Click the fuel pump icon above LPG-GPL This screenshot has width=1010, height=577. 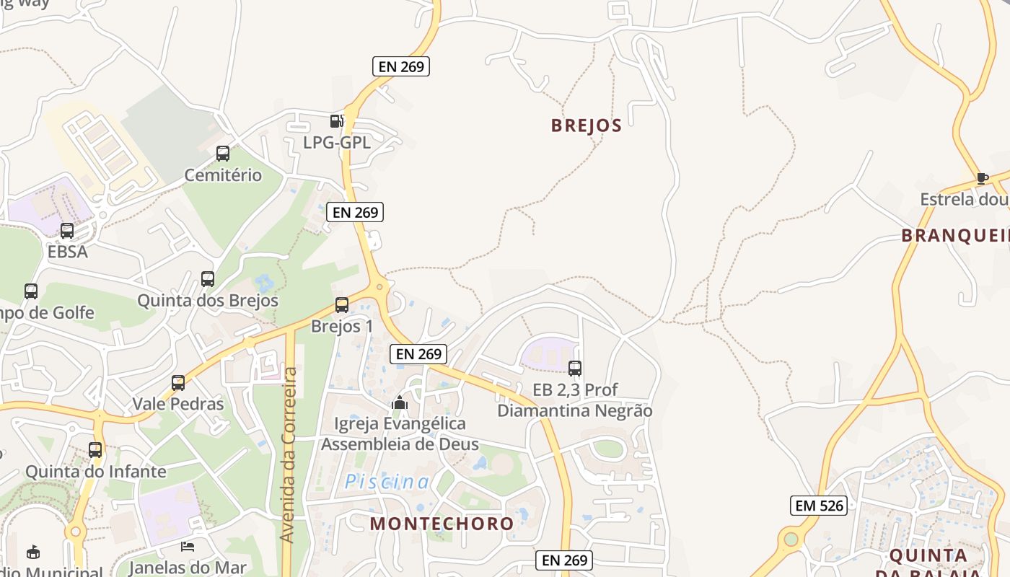point(336,121)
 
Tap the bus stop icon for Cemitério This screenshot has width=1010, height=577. point(223,154)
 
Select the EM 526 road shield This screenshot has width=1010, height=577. point(818,506)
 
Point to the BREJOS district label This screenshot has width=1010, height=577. point(587,125)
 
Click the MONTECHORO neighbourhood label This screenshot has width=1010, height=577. point(442,524)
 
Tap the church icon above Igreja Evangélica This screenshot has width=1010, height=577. point(400,402)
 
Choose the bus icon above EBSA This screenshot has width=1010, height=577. point(67,231)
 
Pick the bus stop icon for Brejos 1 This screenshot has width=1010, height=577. point(342,305)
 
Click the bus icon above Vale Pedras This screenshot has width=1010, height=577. point(178,383)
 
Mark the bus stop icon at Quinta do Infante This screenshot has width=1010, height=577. point(95,450)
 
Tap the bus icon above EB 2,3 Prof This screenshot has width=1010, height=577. point(575,369)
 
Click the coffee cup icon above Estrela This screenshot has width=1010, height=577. point(981,178)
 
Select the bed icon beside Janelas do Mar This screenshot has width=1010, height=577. point(188,547)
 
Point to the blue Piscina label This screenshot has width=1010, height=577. point(387,482)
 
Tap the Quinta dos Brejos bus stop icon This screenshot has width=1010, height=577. point(208,279)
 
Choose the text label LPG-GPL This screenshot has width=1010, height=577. point(337,143)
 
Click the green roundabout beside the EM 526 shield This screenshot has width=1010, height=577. point(791,539)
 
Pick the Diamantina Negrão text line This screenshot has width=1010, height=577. point(575,411)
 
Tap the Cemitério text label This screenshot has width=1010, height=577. point(223,175)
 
